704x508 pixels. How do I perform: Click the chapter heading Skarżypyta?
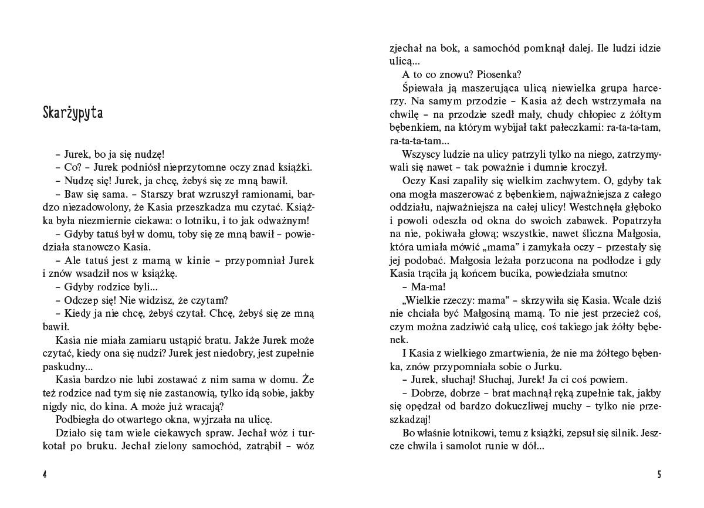[x=73, y=113]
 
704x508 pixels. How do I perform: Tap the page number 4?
[x=45, y=475]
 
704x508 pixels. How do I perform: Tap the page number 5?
[x=659, y=475]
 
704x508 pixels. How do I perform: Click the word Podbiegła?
[x=77, y=419]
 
